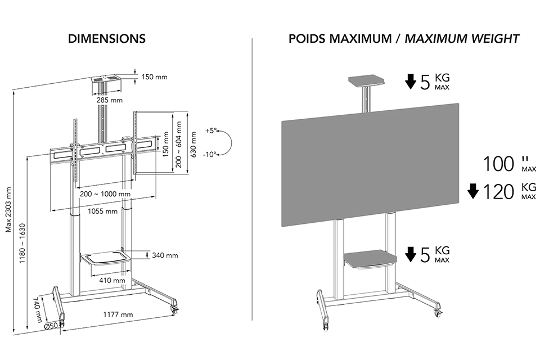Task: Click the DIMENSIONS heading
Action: (107, 39)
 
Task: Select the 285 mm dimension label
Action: (109, 100)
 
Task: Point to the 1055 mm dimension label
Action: (102, 211)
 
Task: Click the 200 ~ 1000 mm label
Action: (105, 194)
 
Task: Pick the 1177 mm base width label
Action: (118, 314)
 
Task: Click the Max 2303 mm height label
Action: (8, 210)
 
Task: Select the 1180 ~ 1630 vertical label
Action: (22, 244)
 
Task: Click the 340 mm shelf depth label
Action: (165, 255)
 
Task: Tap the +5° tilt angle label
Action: (211, 131)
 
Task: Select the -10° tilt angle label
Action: (209, 155)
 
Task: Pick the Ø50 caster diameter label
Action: (50, 327)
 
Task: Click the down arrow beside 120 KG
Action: (473, 191)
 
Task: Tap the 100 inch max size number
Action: (498, 164)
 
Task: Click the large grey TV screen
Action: (371, 165)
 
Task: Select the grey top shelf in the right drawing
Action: (366, 81)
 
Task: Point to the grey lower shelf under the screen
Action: (371, 259)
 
